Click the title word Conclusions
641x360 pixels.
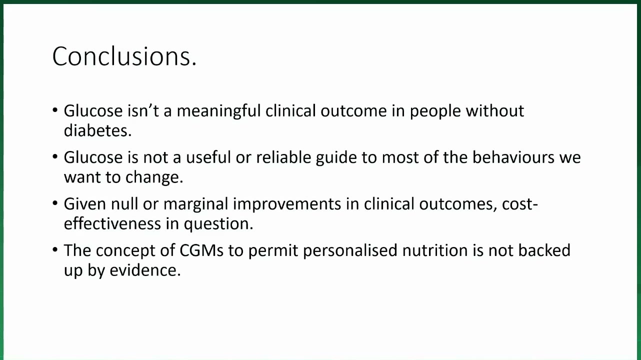coord(124,56)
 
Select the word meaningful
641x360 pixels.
coord(218,111)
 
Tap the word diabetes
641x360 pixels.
coord(97,131)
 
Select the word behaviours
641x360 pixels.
coord(513,157)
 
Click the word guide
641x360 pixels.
coord(336,158)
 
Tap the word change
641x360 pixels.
coord(154,177)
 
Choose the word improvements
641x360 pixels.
coord(287,204)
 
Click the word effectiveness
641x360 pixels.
coord(112,223)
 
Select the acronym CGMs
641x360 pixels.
coord(201,250)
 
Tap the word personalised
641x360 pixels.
coord(350,251)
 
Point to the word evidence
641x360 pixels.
coord(145,270)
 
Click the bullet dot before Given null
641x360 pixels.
coord(55,203)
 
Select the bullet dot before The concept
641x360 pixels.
coord(55,249)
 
